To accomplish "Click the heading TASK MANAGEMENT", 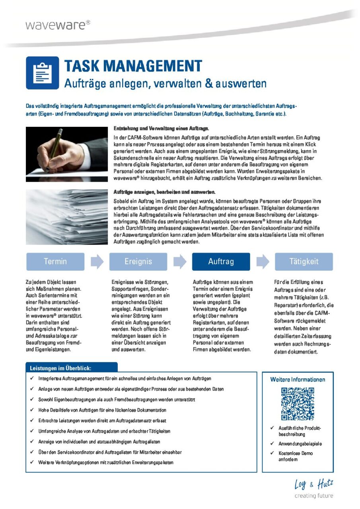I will pos(133,66).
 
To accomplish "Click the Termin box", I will pos(55,262).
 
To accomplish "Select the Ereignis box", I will pos(138,262).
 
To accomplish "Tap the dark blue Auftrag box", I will pos(221,262).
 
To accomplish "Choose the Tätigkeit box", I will pos(304,262).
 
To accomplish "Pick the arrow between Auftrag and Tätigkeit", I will pos(263,262).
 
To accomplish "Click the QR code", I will pos(298,404).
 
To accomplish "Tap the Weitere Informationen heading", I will pos(298,380).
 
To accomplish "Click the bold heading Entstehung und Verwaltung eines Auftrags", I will pos(161,129).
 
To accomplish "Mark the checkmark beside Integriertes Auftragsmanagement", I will pos(31,379).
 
